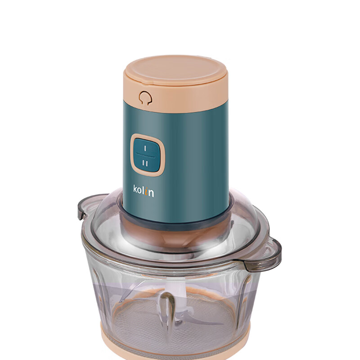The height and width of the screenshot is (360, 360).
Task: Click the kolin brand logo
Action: point(144,191)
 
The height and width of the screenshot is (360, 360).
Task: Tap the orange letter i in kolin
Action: point(146,192)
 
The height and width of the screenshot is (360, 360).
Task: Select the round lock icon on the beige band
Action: point(145,98)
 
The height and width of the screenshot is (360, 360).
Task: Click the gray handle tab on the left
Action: point(83,208)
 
